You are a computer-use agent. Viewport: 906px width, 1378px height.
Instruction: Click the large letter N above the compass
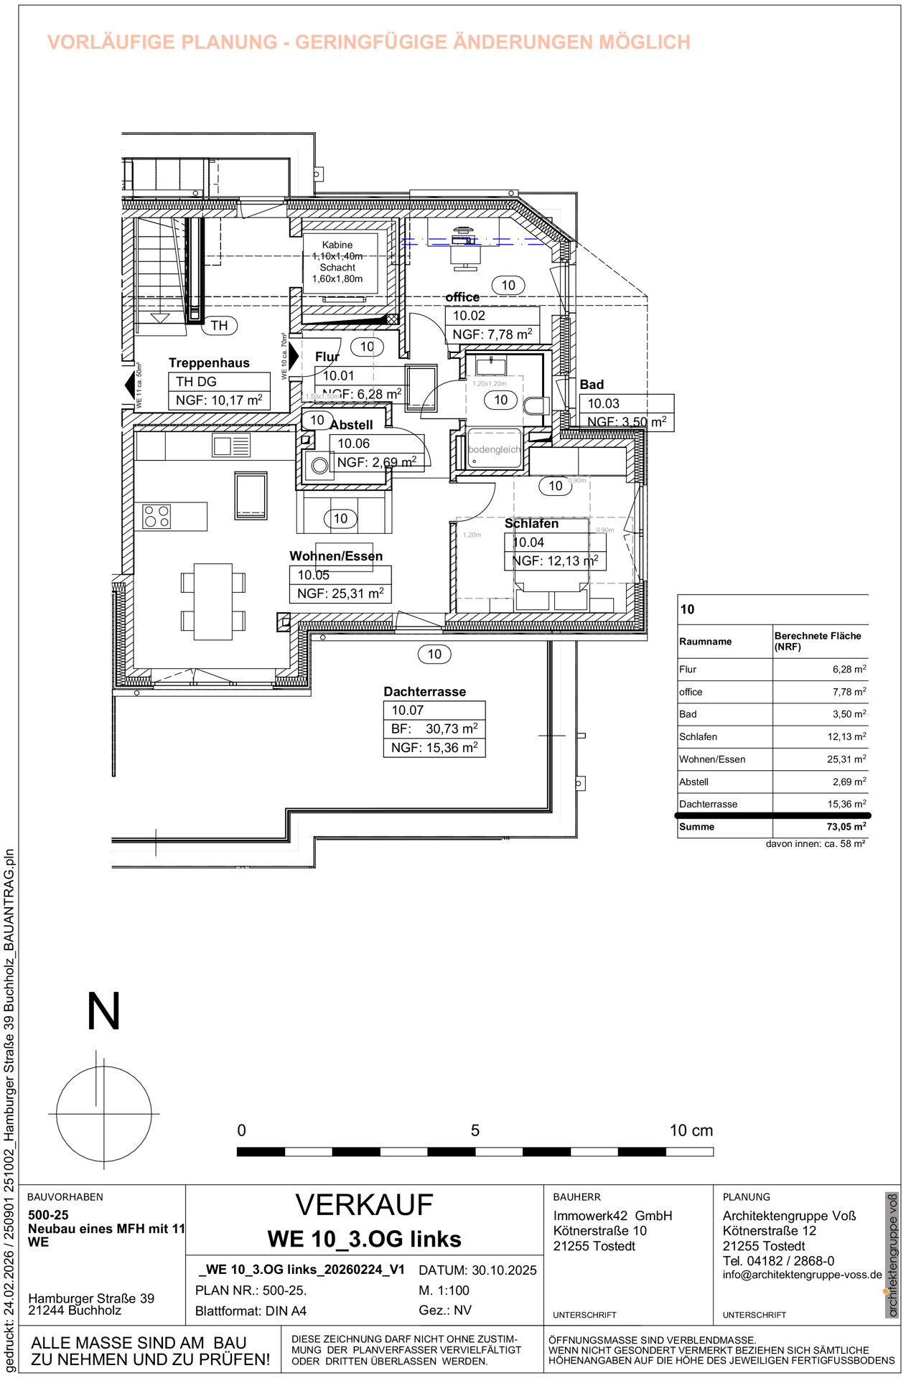coord(103,1011)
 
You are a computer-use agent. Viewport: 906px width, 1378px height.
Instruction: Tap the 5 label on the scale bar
coord(475,1130)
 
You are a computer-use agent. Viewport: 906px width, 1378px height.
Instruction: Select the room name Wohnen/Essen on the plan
coord(336,556)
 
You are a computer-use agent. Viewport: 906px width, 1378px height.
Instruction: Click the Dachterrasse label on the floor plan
coord(424,692)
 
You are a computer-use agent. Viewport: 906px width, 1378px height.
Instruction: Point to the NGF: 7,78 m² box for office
coord(492,334)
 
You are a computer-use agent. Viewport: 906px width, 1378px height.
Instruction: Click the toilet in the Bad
coord(536,406)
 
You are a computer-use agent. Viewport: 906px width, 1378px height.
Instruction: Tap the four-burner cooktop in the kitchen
coord(157,517)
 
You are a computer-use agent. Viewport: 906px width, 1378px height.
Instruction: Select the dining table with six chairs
coord(213,601)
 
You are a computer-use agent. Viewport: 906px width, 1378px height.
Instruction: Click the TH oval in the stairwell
coord(219,326)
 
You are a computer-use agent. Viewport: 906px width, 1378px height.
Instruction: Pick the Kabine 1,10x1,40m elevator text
coord(337,250)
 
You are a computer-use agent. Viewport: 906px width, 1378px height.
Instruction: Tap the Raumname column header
coord(705,642)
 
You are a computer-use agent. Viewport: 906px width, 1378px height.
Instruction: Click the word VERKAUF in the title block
coord(364,1206)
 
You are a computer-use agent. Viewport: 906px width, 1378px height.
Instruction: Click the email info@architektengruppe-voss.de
coord(802,1275)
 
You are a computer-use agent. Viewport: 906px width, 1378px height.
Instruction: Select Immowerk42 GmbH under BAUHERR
coord(612,1216)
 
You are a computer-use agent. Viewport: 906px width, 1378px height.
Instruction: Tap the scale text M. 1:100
coord(444,1290)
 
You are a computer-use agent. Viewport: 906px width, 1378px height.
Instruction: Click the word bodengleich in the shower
coord(494,449)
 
